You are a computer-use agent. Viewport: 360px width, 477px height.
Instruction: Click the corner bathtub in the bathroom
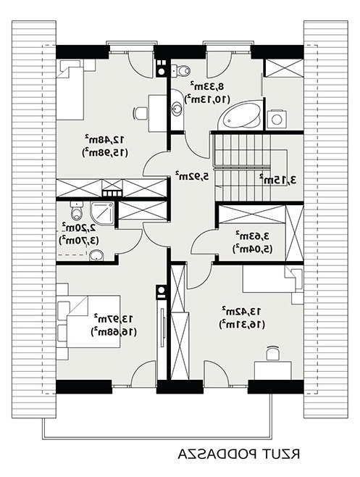[240, 115]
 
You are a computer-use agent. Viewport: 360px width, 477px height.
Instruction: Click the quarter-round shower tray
[102, 213]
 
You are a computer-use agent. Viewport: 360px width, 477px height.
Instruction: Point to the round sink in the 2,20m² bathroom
[96, 255]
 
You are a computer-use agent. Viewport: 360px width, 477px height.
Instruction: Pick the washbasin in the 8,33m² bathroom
[177, 108]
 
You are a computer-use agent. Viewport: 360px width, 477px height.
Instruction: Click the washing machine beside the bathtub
[277, 119]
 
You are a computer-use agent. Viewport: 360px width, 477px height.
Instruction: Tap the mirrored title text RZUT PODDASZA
[239, 454]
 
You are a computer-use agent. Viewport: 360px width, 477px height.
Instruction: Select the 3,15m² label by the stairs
[277, 180]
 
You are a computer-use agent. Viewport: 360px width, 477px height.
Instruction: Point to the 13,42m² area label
[241, 311]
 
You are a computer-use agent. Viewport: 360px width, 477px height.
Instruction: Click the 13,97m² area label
[113, 318]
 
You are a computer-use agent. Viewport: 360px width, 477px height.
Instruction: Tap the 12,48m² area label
[104, 139]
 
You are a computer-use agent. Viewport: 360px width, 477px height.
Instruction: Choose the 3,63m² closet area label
[252, 236]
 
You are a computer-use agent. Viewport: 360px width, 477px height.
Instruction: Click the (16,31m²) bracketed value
[241, 324]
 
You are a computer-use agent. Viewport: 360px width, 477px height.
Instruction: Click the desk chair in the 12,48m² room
[140, 113]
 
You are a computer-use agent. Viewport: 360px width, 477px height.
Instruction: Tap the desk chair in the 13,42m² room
[273, 354]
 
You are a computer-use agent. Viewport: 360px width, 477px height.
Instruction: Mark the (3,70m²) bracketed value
[79, 241]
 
